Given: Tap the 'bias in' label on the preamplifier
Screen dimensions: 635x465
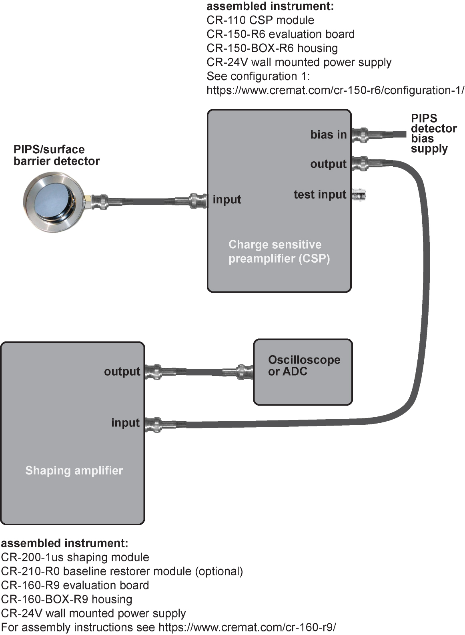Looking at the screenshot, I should click(328, 135).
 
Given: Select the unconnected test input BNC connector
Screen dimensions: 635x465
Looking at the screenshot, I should click(359, 195).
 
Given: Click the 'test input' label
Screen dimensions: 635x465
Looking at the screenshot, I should click(319, 195).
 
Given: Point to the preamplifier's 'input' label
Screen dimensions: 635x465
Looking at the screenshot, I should click(227, 199).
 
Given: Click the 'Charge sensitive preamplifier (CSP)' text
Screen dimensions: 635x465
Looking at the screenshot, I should click(279, 251).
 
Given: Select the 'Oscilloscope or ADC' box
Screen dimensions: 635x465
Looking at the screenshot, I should click(303, 372).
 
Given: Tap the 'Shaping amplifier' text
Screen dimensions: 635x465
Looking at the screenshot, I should click(74, 470).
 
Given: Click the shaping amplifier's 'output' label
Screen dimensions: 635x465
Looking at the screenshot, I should click(122, 372).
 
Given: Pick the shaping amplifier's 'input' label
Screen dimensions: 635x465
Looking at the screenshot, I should click(125, 423).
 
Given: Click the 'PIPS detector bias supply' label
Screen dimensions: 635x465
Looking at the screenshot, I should click(433, 134).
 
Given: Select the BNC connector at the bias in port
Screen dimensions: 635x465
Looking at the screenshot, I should click(361, 135).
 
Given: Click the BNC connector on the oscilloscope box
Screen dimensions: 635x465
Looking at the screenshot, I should click(244, 372).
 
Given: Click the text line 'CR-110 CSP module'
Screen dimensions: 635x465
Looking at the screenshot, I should click(260, 20).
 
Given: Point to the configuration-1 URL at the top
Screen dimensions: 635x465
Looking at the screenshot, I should click(335, 90).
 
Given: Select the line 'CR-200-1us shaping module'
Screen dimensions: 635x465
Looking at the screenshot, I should click(75, 557).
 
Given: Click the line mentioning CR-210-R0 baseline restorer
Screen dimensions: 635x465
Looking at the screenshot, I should click(122, 571).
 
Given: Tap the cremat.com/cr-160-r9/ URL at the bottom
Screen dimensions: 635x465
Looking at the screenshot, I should click(247, 627).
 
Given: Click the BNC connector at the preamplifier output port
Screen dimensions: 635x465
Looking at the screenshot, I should click(361, 163).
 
